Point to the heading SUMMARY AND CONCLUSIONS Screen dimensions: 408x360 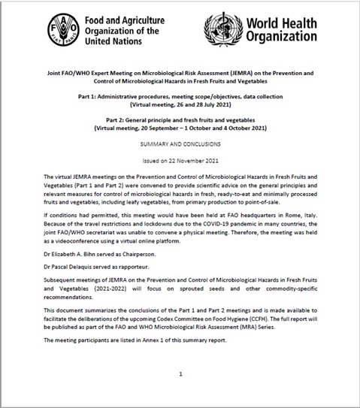click(x=180, y=142)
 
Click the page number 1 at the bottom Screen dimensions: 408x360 click(x=180, y=373)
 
